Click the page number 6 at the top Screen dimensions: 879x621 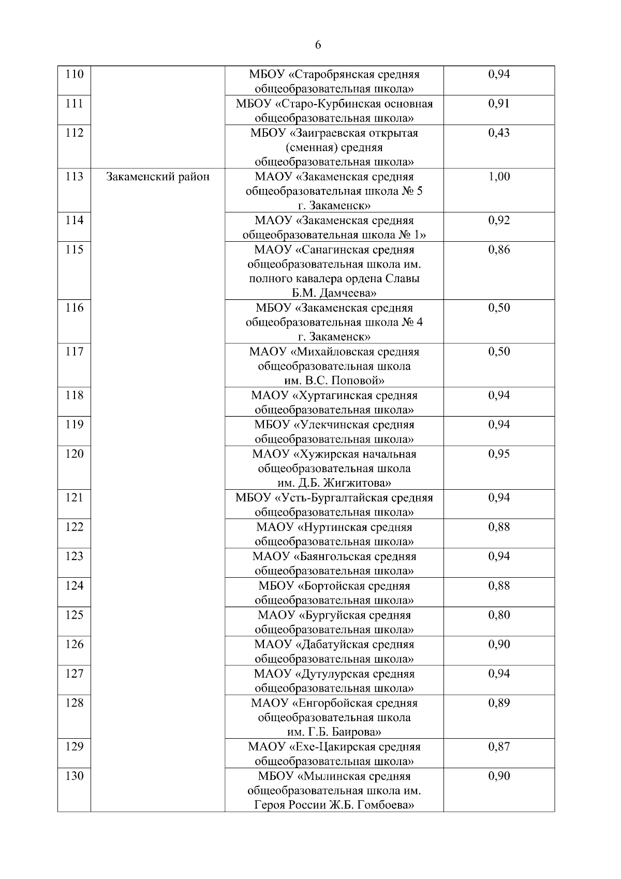[x=318, y=45]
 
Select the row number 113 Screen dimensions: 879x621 [x=75, y=177]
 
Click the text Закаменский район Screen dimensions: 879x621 [x=158, y=177]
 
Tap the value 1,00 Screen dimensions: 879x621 [x=499, y=177]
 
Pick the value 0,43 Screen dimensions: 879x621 [x=499, y=133]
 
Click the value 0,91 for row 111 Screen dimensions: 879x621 [x=499, y=104]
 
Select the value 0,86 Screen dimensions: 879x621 [x=499, y=250]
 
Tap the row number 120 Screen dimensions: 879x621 [x=75, y=454]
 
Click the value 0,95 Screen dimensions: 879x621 [x=499, y=454]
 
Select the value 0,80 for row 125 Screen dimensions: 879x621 [x=499, y=615]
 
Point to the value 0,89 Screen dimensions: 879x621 [x=499, y=703]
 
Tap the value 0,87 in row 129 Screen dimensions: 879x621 [x=499, y=747]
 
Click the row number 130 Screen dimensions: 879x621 [x=75, y=776]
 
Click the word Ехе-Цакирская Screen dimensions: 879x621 [x=332, y=747]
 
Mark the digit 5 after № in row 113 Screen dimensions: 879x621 [x=419, y=192]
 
